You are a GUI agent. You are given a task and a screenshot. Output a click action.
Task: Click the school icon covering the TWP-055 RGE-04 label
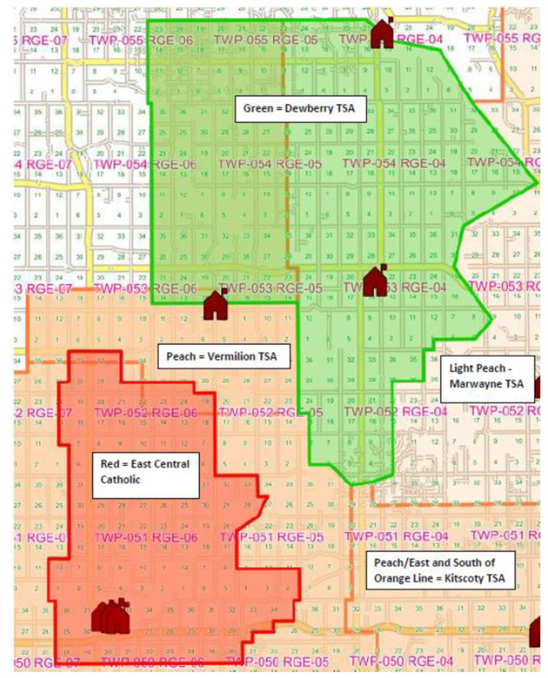(383, 32)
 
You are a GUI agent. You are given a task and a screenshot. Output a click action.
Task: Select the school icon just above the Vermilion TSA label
(216, 304)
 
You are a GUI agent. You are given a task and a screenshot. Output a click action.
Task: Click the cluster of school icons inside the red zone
(110, 616)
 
